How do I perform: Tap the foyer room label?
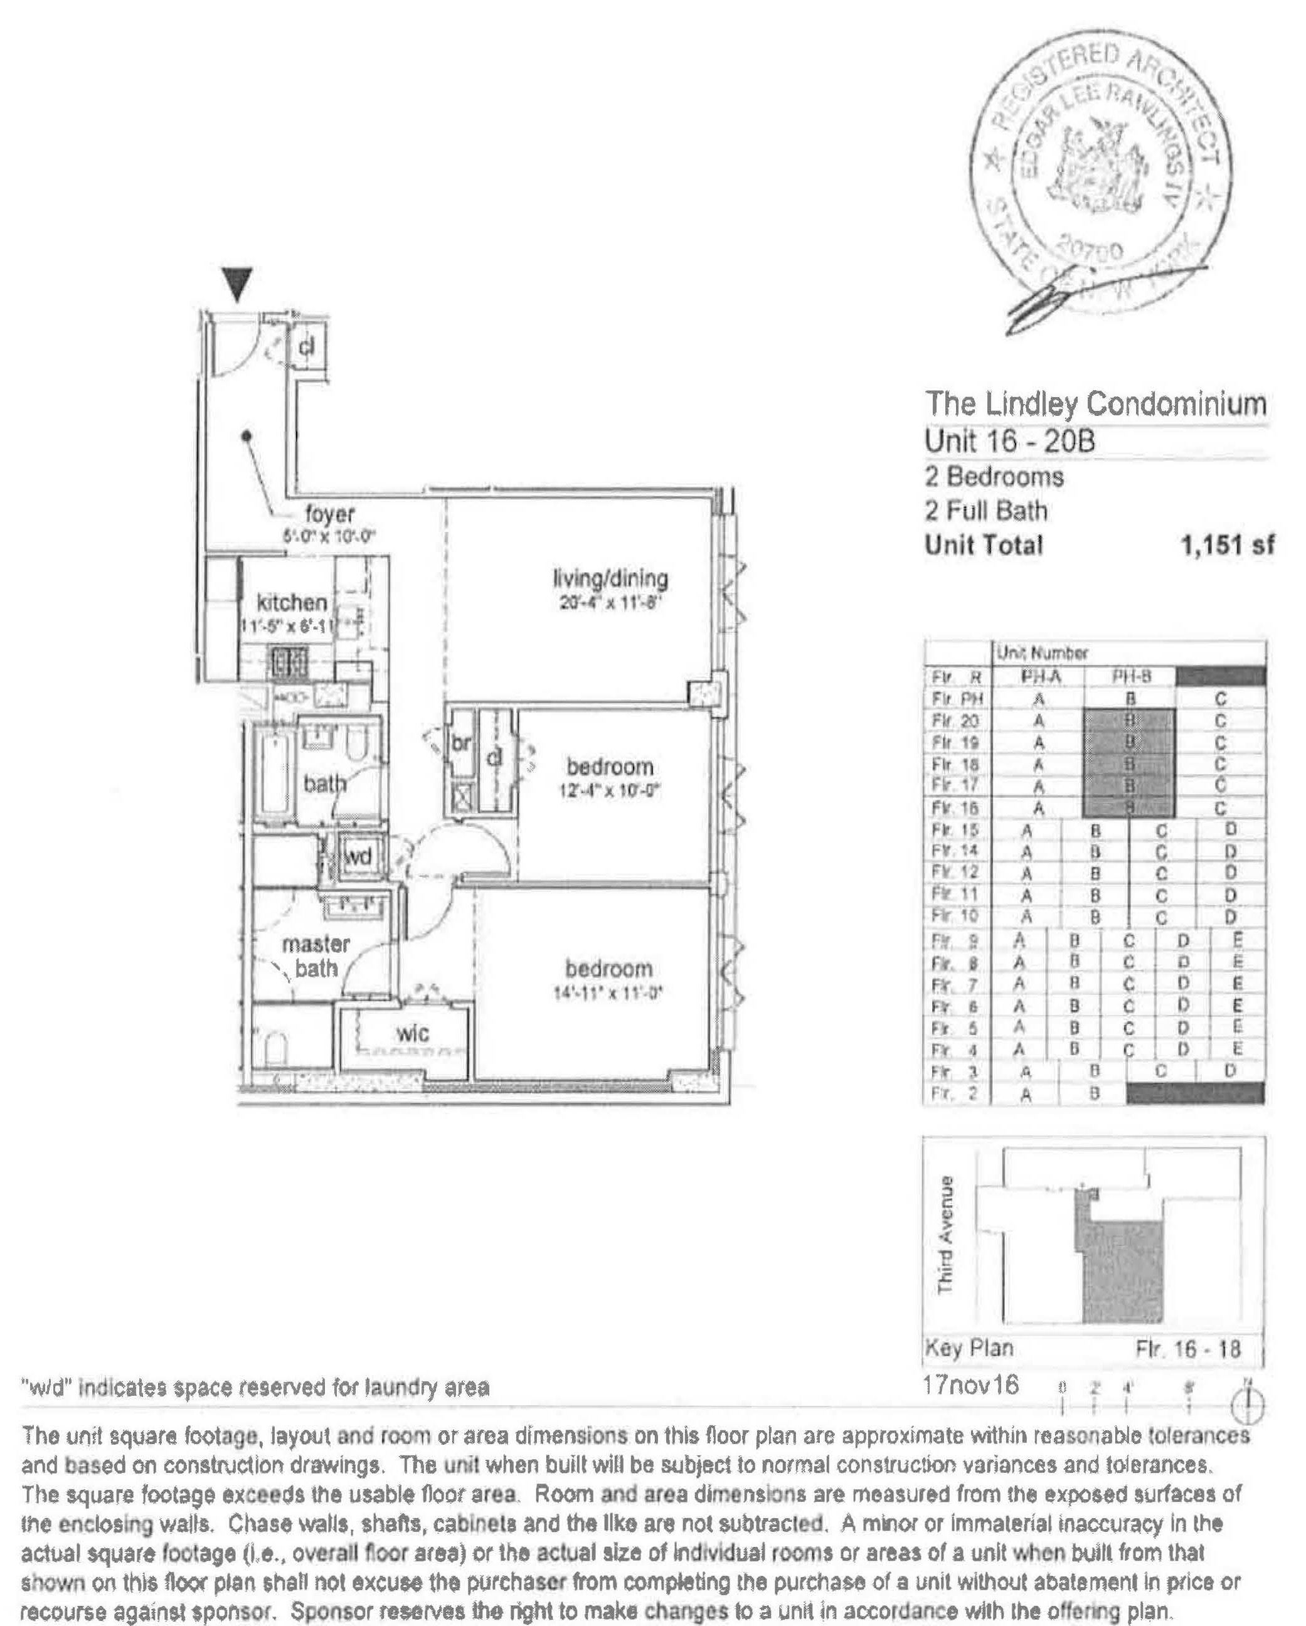[329, 514]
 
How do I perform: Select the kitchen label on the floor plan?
[292, 603]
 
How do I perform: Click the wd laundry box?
[358, 857]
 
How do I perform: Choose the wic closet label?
[413, 1033]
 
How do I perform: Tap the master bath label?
[316, 955]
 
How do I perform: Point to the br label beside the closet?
[460, 743]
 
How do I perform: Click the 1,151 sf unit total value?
[1227, 545]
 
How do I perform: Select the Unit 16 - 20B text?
[1010, 441]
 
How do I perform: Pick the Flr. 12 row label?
[955, 873]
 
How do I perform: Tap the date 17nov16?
[970, 1385]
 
